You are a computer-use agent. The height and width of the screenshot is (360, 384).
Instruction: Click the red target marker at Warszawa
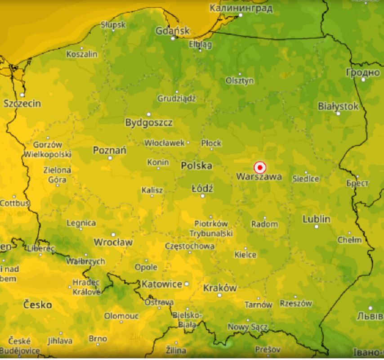(259, 167)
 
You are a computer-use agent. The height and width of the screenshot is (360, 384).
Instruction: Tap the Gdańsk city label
(173, 31)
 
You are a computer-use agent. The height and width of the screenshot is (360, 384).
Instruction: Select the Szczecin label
(22, 103)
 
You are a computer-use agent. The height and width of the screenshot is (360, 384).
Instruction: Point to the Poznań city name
(109, 150)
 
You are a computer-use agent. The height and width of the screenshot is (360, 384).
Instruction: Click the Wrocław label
(113, 242)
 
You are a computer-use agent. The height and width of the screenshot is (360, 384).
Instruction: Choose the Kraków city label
(219, 288)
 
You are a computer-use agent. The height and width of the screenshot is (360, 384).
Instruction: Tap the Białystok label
(338, 106)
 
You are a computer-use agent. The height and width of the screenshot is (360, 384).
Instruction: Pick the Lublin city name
(316, 219)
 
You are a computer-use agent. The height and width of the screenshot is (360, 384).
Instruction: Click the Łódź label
(202, 188)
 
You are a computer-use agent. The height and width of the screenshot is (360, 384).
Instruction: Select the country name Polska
(196, 166)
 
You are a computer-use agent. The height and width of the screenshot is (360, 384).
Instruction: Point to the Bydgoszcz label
(148, 122)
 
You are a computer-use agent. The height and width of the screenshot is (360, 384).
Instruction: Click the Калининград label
(241, 8)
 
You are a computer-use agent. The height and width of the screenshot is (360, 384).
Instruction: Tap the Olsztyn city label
(239, 81)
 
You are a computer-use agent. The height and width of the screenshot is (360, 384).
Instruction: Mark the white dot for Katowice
(186, 284)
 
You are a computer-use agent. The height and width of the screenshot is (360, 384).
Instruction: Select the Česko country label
(37, 305)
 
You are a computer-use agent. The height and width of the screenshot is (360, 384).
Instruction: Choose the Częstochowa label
(189, 246)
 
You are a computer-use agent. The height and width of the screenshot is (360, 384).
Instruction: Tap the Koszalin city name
(82, 54)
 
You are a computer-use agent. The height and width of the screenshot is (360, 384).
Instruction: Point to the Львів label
(370, 316)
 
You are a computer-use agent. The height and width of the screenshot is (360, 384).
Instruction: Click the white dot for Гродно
(363, 80)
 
